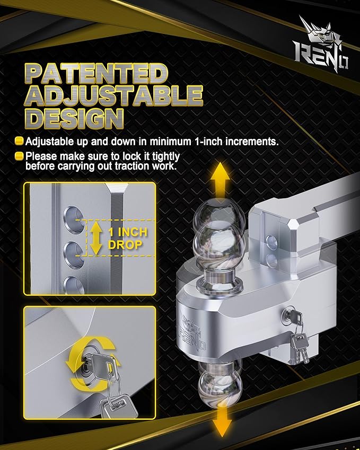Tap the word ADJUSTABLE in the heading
click(115, 96)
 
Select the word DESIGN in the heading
click(76, 118)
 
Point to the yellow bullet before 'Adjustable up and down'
click(19, 142)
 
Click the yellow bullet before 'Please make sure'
click(19, 156)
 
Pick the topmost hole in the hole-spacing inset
click(71, 215)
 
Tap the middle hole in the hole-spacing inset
click(71, 249)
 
